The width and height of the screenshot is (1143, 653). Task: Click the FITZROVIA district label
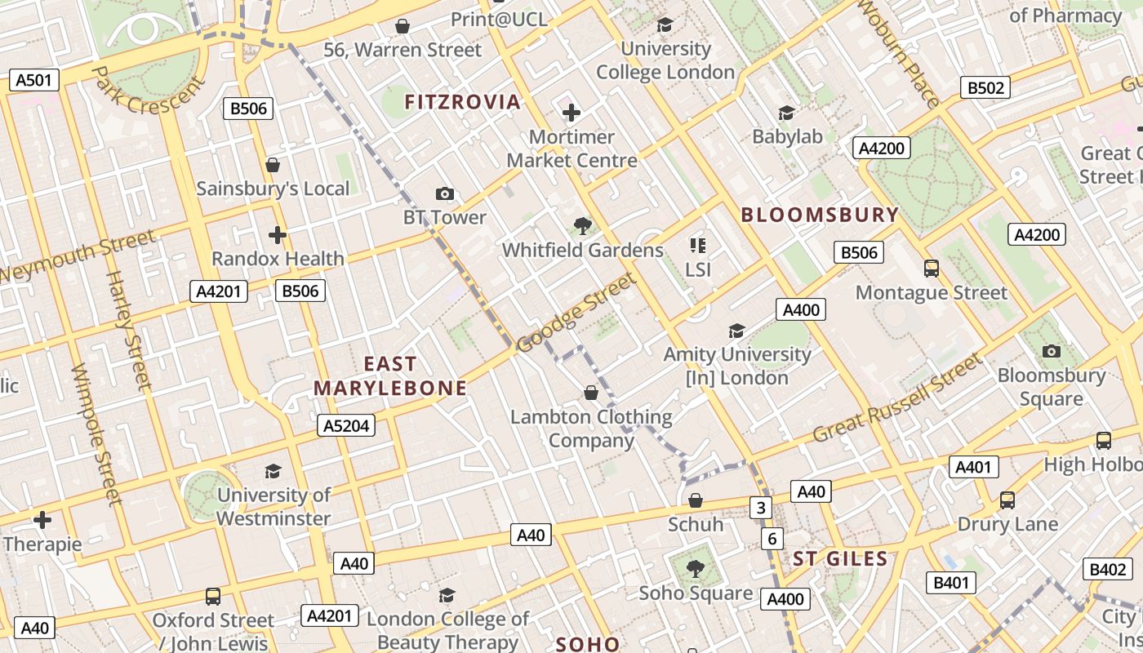pos(462,102)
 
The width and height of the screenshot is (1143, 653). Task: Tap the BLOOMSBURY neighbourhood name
pos(819,215)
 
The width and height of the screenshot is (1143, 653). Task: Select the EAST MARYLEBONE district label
pos(390,376)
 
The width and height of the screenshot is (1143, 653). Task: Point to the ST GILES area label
pos(840,559)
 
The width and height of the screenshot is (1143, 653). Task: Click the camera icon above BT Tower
pos(444,193)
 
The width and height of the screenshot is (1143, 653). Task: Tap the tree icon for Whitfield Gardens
pos(582,225)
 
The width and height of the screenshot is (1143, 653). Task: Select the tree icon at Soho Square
pos(695,568)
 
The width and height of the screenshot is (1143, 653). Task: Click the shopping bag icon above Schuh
pos(696,500)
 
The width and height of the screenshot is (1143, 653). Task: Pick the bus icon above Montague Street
pos(931,268)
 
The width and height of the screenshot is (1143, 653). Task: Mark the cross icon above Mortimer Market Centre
pos(571,113)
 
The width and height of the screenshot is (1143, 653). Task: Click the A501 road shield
pos(33,80)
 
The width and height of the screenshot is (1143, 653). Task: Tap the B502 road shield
pos(985,88)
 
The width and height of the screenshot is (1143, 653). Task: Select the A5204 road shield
pos(346,425)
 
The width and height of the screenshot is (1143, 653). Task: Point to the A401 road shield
pos(974,467)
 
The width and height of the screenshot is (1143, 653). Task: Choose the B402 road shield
pos(1108,570)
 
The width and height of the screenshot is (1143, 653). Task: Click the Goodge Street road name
pos(576,313)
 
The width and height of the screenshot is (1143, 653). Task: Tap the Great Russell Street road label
pos(896,398)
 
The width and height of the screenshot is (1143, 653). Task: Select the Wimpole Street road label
pos(96,434)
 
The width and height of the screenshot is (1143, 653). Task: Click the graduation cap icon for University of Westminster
pos(273,471)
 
